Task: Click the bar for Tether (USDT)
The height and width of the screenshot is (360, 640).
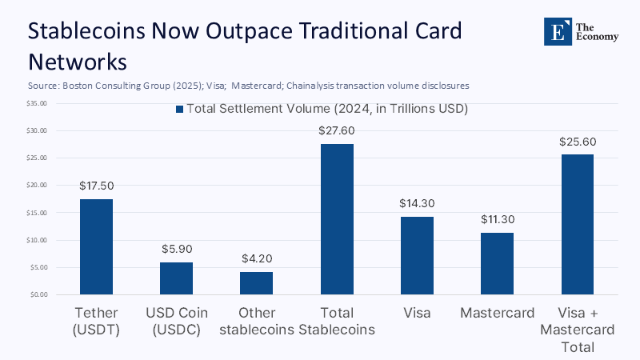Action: click(x=96, y=246)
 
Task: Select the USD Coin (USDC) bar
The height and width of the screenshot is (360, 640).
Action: click(x=176, y=278)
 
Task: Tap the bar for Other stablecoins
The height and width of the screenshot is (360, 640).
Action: click(x=257, y=283)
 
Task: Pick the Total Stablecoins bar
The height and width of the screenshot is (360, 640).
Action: click(x=337, y=219)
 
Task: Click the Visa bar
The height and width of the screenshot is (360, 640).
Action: click(x=417, y=255)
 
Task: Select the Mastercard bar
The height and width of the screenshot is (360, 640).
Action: click(x=497, y=263)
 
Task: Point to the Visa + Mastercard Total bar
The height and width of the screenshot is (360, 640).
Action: click(x=577, y=225)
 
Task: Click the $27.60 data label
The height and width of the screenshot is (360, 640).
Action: click(x=337, y=130)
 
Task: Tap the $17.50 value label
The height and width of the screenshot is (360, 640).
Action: click(x=96, y=186)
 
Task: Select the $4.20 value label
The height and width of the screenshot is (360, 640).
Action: click(x=257, y=258)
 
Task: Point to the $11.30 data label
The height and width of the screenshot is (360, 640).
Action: click(x=497, y=219)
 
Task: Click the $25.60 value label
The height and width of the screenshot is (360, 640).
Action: click(x=577, y=142)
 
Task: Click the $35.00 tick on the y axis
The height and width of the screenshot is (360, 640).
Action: click(x=38, y=103)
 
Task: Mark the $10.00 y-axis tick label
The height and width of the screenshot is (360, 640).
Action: click(x=38, y=240)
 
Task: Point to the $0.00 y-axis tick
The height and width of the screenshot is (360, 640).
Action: click(x=39, y=294)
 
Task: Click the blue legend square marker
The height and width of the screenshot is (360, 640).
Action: click(x=180, y=109)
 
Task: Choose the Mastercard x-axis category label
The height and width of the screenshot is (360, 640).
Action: click(x=497, y=313)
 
